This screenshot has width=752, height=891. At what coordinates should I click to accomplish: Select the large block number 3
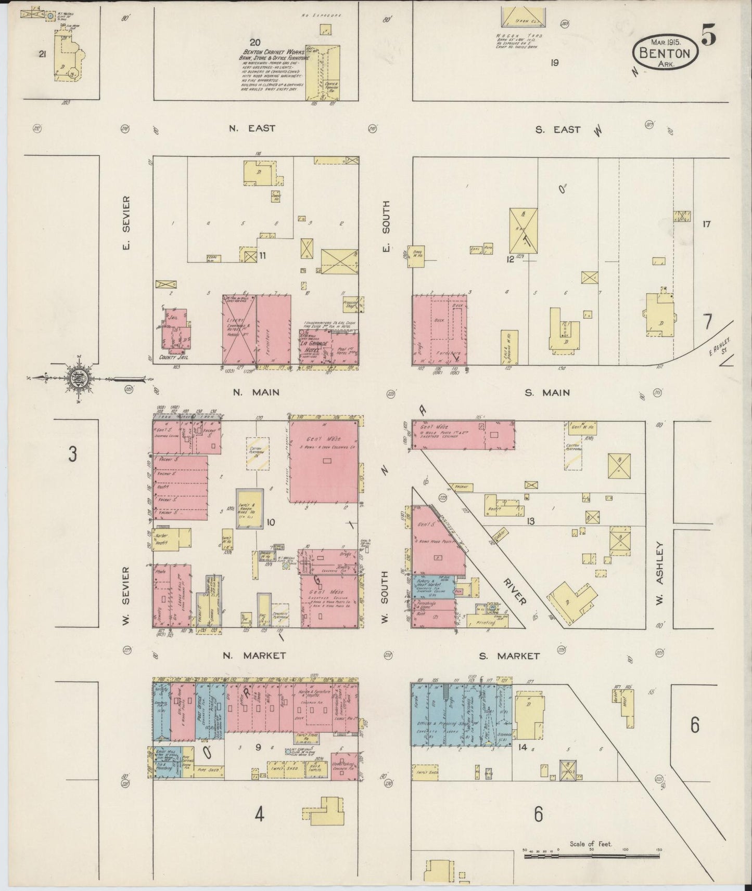pyautogui.click(x=72, y=454)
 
